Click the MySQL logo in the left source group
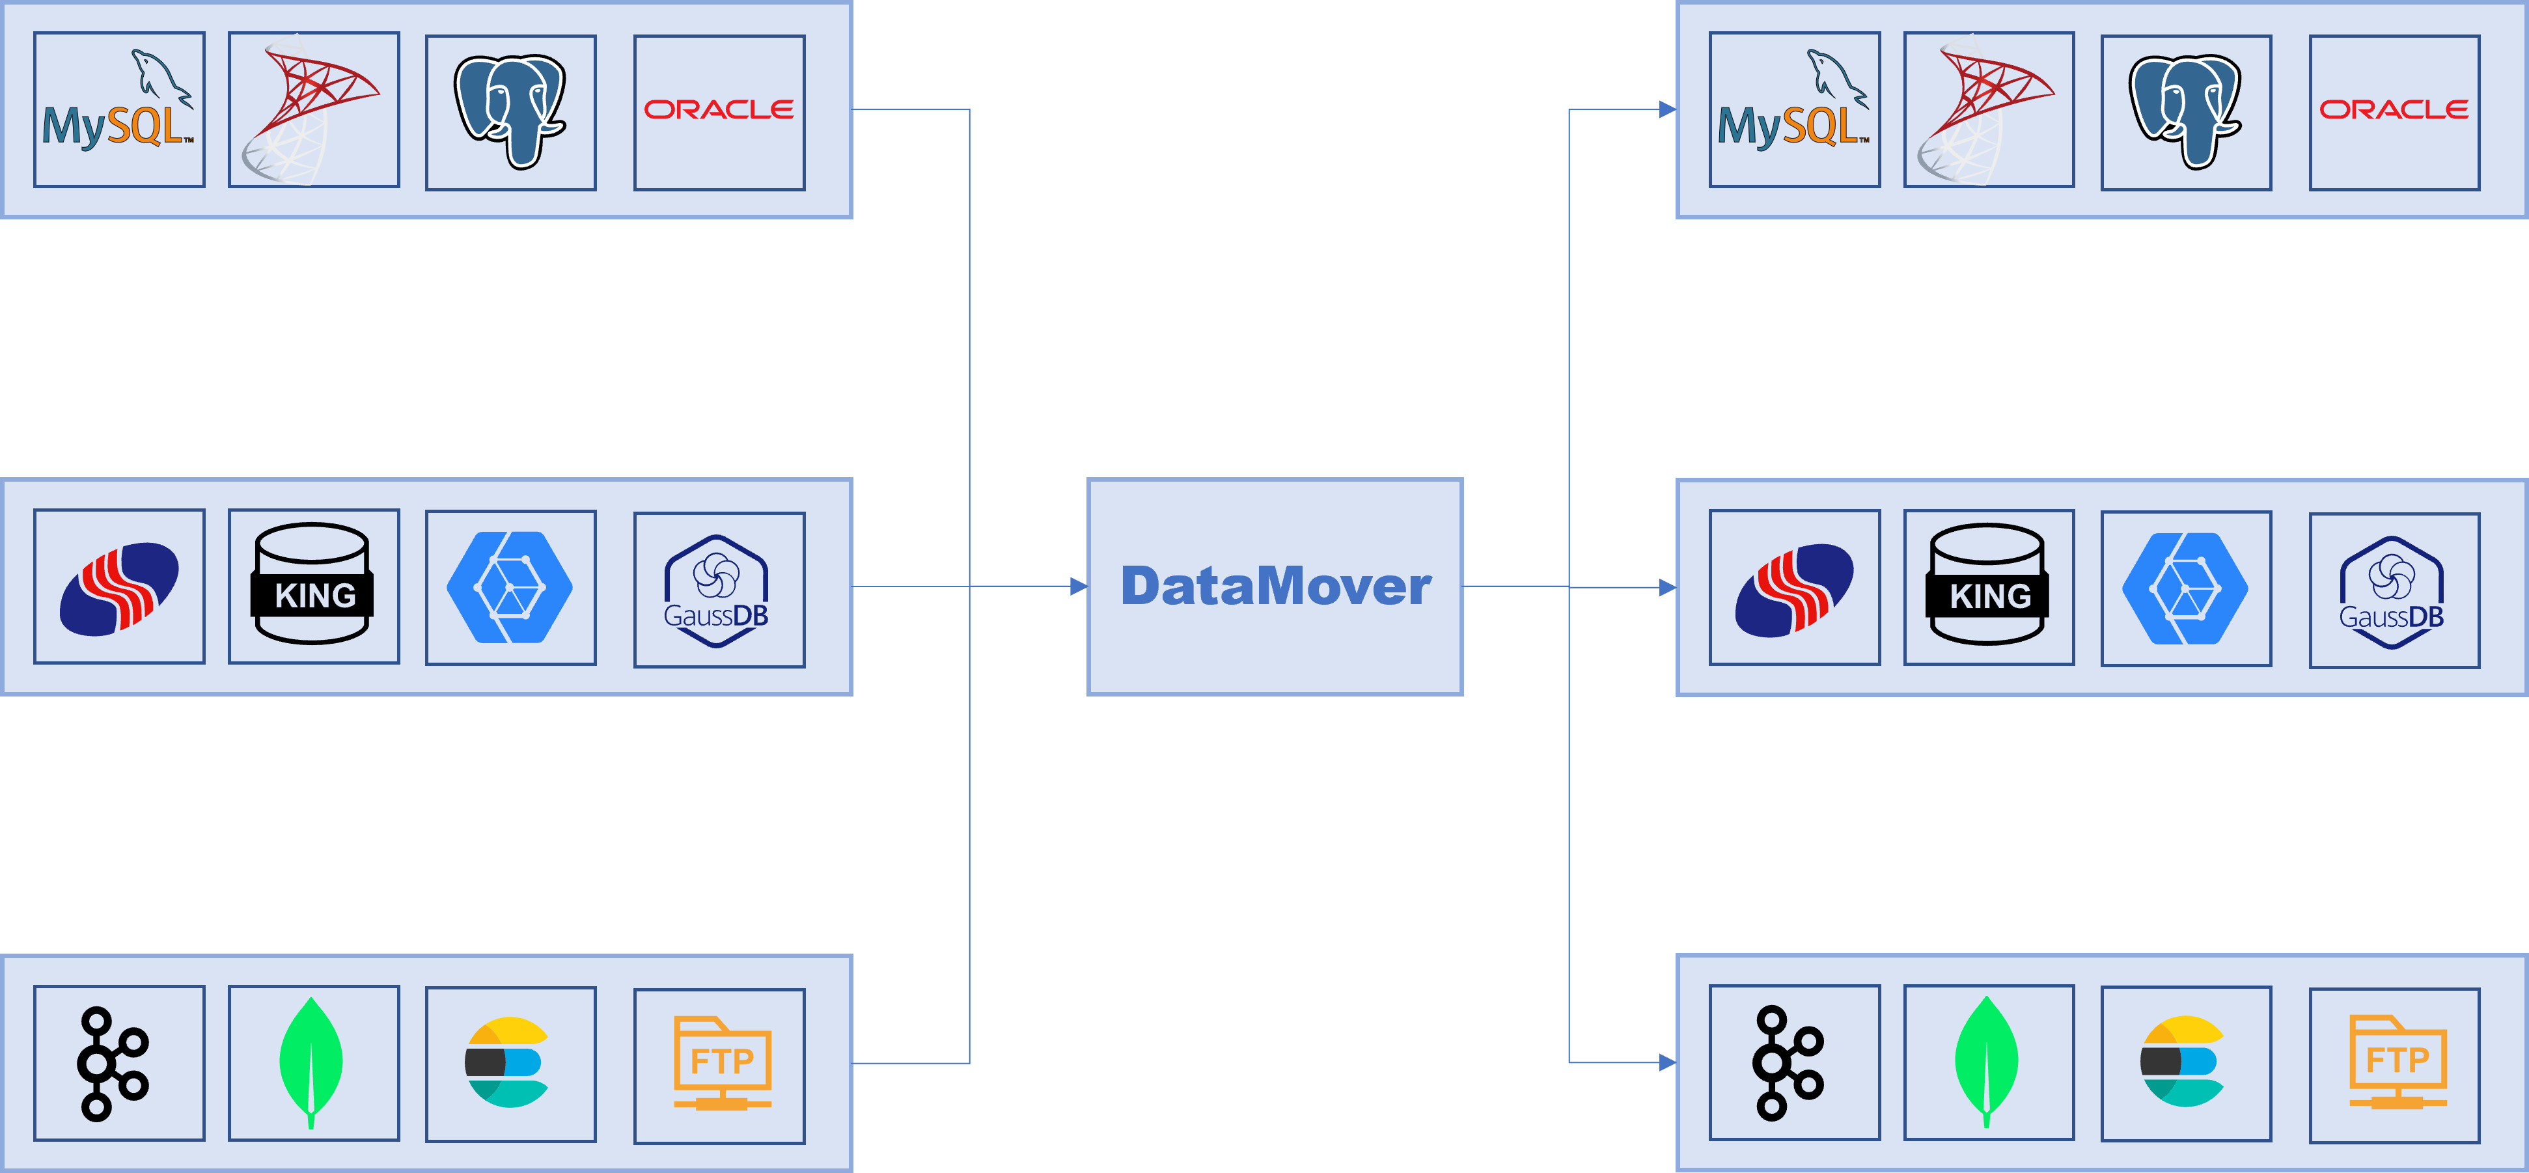tap(118, 110)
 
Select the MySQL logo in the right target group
tap(1793, 110)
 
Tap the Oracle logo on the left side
tap(719, 110)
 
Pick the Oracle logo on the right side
tap(2394, 110)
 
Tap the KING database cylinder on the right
tap(1988, 585)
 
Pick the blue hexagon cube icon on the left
tap(510, 587)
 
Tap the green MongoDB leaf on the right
tap(1987, 1061)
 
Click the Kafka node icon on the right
tap(1789, 1062)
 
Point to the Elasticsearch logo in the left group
tap(506, 1063)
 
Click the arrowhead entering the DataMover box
tap(1078, 587)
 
